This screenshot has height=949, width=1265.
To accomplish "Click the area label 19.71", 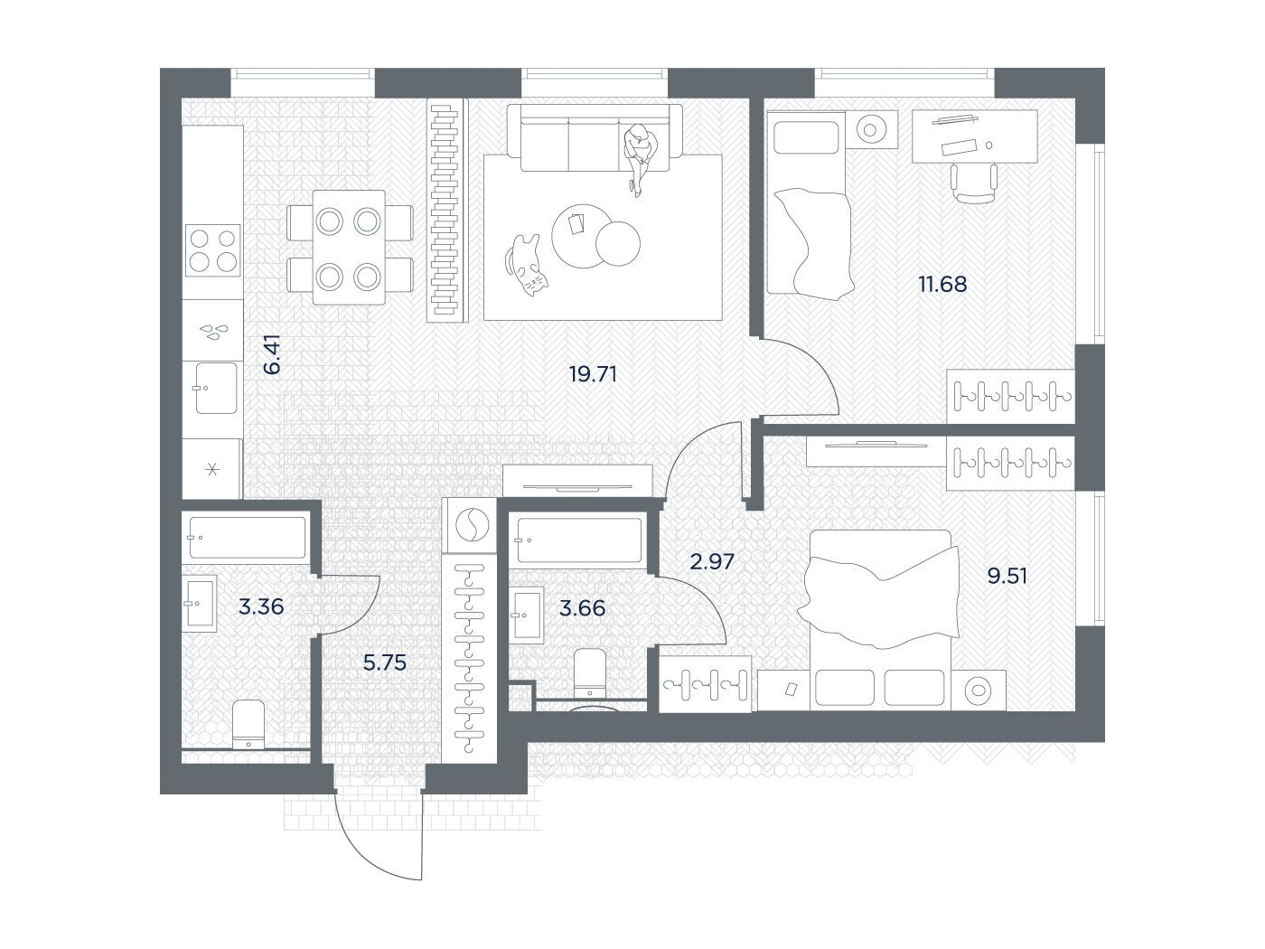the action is coord(593,374).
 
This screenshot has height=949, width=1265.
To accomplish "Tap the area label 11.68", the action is coord(942,284).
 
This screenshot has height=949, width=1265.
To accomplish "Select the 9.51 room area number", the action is coord(1007,576).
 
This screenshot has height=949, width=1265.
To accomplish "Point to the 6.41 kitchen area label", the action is coord(271,353).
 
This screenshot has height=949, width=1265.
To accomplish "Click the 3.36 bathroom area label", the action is coord(261,606).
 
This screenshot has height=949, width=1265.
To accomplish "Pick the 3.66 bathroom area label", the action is coord(582,608).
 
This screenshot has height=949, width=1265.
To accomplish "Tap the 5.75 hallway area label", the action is coord(384,662).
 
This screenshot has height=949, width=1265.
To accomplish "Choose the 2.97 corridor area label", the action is coord(712,560).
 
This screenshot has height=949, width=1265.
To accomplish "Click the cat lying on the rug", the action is coord(526,265).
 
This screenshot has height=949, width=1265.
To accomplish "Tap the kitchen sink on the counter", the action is coord(216,388).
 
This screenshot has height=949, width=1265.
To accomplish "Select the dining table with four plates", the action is coord(350,247).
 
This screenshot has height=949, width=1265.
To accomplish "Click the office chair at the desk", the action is coord(973,183).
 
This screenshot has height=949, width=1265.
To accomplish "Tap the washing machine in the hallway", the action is coord(472,525).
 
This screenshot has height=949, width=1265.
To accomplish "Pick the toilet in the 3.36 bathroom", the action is coord(248,724).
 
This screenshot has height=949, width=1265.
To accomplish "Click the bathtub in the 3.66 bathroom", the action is coord(579,540).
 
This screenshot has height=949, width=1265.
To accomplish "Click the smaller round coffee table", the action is coord(617,244).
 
